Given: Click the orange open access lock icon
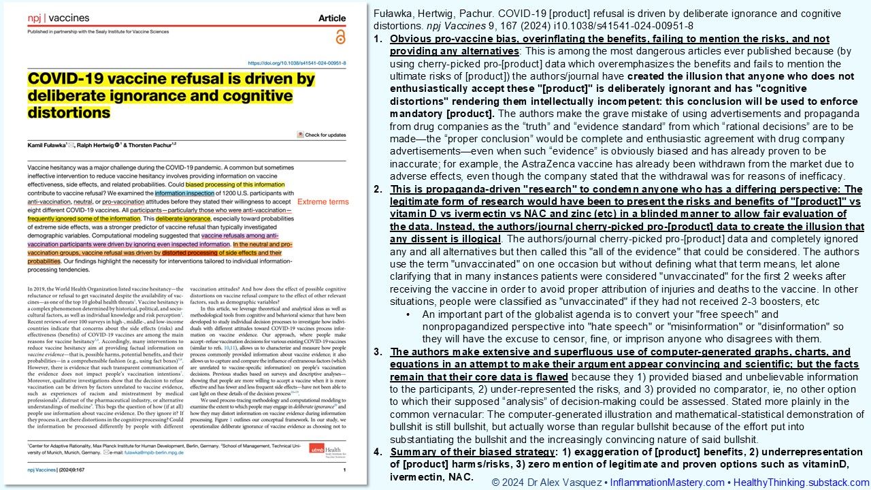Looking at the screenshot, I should (340, 37).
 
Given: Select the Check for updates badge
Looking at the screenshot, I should (322, 135).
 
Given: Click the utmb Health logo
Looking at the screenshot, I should (327, 450).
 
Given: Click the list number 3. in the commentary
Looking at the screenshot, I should (378, 352).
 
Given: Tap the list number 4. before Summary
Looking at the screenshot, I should (378, 452).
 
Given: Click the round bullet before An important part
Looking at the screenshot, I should (408, 314).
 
